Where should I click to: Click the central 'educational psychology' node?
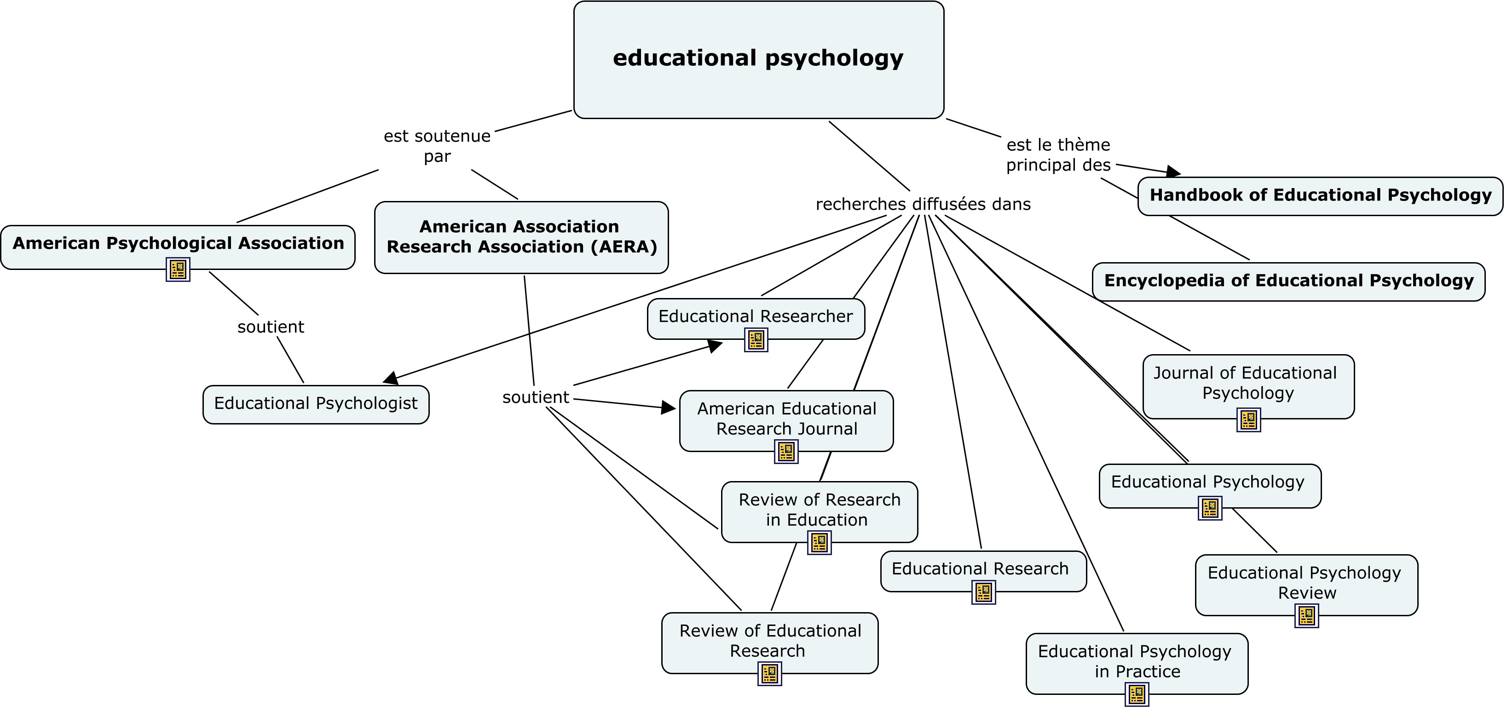coord(758,59)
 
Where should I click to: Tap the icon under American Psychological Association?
coord(178,269)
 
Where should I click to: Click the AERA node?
coord(521,237)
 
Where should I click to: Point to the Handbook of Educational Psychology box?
coord(1320,196)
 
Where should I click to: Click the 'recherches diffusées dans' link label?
coord(923,204)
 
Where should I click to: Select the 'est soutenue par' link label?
coord(437,146)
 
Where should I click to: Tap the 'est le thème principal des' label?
coord(1058,155)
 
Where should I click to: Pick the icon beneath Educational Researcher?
coord(756,340)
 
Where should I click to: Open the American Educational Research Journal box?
coord(786,419)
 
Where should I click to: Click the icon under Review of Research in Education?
coord(819,543)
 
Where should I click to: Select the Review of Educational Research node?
coord(769,642)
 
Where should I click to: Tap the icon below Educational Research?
coord(983,592)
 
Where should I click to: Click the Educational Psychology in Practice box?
coord(1136,662)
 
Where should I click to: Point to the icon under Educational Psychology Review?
coord(1306,616)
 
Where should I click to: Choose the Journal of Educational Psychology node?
coord(1248,384)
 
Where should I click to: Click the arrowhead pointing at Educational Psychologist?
coord(391,379)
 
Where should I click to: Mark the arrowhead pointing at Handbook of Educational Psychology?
coord(1173,172)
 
